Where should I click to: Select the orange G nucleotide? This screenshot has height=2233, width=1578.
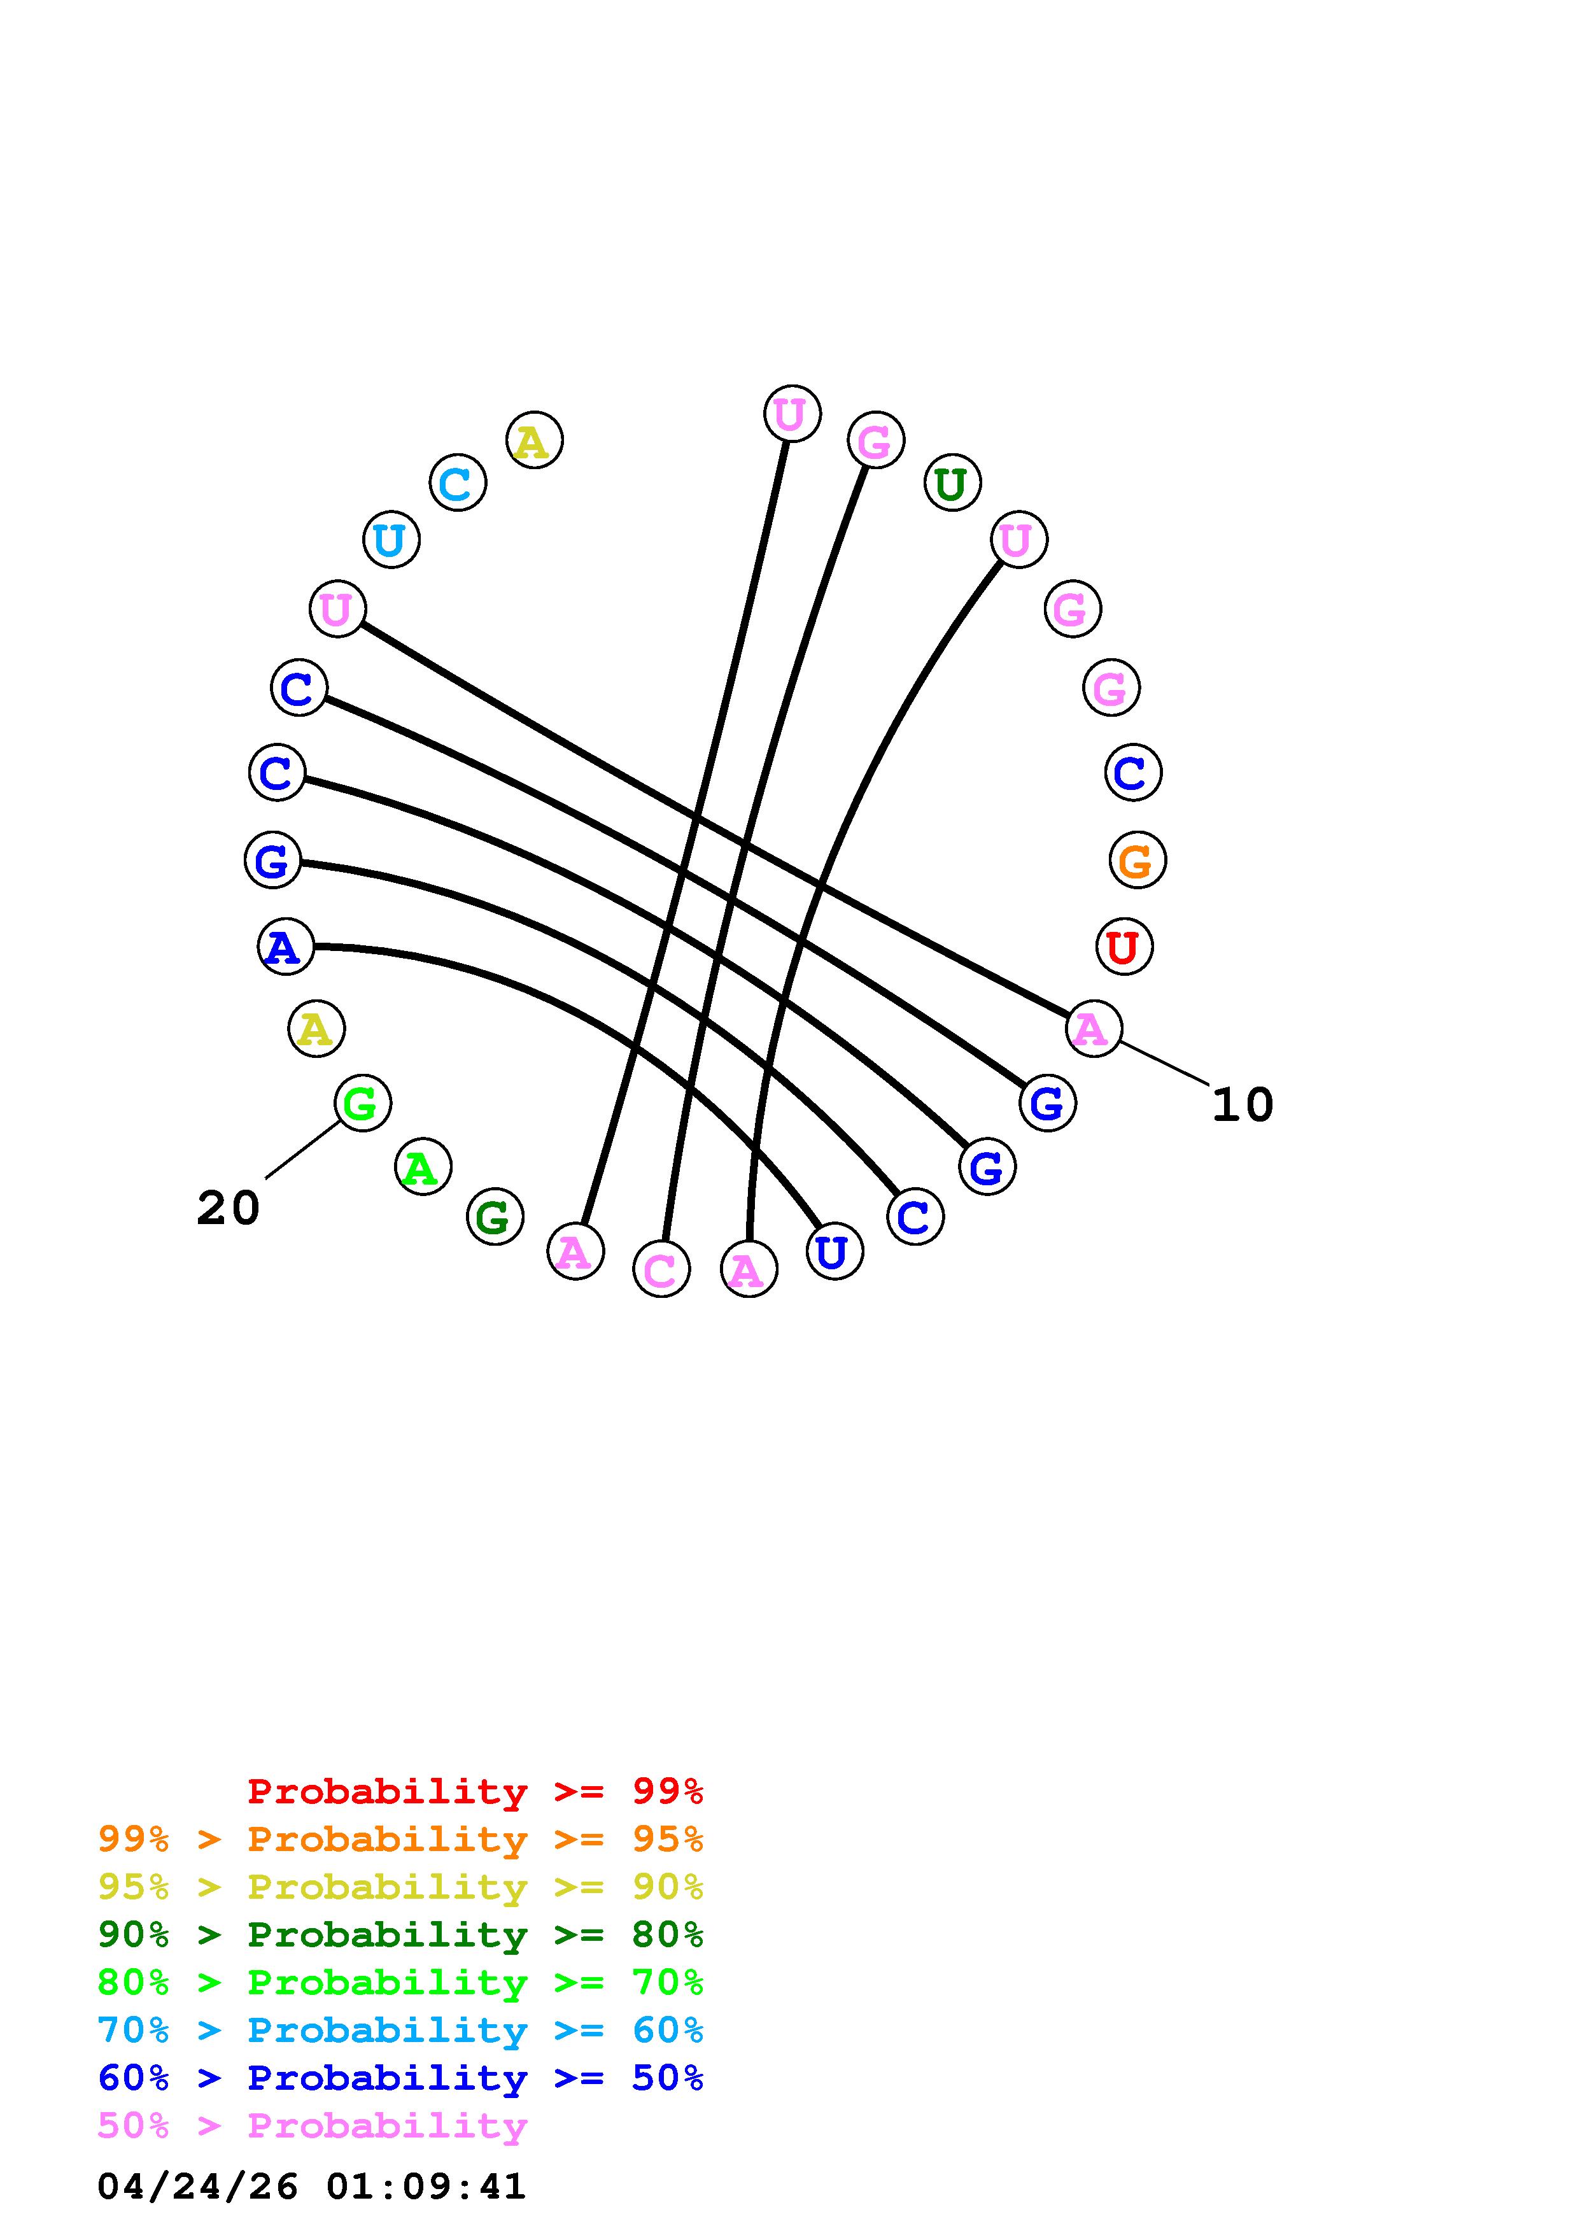point(1137,861)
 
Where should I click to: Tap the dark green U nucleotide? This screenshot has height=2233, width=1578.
point(952,483)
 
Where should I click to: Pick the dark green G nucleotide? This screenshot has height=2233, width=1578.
point(495,1216)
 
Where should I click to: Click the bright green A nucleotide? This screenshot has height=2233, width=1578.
point(423,1167)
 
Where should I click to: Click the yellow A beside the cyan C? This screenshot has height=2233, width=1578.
point(534,440)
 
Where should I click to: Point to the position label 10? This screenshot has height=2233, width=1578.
point(1242,1105)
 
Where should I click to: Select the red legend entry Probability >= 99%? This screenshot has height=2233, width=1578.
point(474,1791)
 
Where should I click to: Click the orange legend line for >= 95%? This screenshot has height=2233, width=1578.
point(400,1839)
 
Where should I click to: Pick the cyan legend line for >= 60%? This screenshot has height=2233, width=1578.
point(400,2030)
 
